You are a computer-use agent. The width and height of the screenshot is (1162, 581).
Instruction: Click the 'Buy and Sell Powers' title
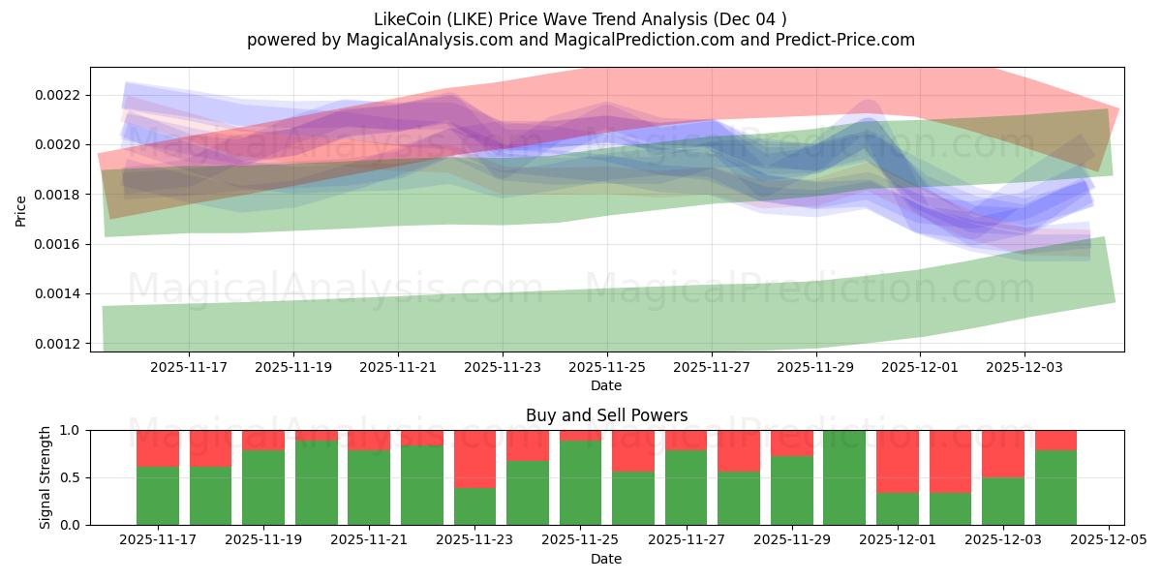click(606, 415)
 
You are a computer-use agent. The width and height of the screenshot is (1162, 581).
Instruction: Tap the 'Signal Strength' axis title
click(45, 477)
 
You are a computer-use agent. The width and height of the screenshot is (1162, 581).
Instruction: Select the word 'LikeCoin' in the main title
click(404, 19)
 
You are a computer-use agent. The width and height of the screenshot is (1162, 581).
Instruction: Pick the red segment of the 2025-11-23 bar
click(475, 458)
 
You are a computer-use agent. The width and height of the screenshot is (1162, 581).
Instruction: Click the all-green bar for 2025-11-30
click(844, 477)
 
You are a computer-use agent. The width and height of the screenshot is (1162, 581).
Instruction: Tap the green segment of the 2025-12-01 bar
click(898, 508)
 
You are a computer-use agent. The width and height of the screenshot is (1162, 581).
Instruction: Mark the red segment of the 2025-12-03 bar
click(1003, 453)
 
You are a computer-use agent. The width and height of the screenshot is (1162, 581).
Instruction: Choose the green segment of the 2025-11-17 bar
click(158, 496)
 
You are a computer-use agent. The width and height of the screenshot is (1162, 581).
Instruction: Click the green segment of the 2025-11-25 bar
click(581, 482)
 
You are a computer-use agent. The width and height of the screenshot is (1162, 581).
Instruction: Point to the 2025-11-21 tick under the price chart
click(398, 368)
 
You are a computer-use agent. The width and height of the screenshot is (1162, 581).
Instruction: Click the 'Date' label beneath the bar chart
click(606, 559)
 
